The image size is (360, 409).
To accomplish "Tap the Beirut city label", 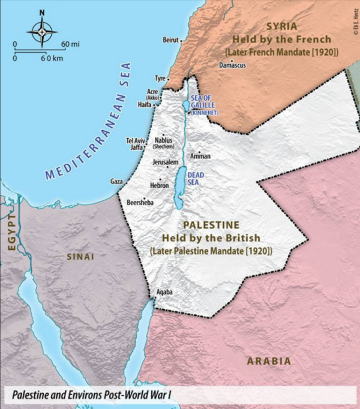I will pyautogui.click(x=170, y=40).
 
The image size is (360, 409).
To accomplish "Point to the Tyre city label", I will pyautogui.click(x=160, y=79).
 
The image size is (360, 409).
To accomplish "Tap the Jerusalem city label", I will pyautogui.click(x=165, y=163).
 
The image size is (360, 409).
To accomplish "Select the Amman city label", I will pyautogui.click(x=200, y=157).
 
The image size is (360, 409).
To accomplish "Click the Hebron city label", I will pyautogui.click(x=159, y=186).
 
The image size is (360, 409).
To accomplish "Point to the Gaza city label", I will pyautogui.click(x=116, y=181).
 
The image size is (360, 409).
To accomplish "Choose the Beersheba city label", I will pyautogui.click(x=140, y=203).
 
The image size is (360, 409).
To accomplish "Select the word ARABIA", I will pyautogui.click(x=269, y=361).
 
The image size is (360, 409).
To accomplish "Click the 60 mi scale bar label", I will pyautogui.click(x=70, y=44).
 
